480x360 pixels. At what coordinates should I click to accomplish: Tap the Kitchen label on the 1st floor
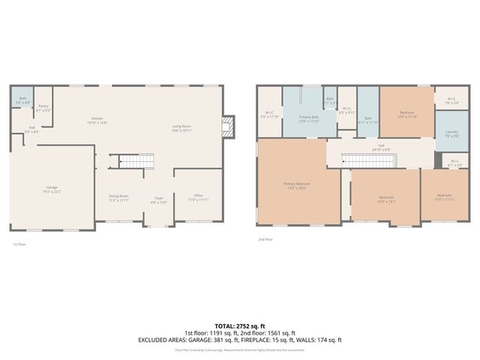tap(97, 120)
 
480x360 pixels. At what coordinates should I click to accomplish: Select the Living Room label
tap(182, 127)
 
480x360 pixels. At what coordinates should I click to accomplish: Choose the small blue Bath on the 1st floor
tap(22, 99)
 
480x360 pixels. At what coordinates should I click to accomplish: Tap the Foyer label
tap(158, 199)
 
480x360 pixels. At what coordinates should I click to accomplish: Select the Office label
tap(198, 198)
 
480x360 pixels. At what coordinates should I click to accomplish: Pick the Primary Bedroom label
tap(297, 185)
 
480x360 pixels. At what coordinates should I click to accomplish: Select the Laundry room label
tap(451, 134)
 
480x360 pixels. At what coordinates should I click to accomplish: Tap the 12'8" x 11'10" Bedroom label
tap(406, 115)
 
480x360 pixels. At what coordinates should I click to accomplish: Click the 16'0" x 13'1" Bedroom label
tap(385, 199)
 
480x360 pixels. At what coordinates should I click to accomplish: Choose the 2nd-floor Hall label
tap(381, 147)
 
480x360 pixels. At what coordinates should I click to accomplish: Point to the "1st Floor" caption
tap(20, 244)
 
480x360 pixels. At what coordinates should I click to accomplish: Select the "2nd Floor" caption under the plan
tap(265, 239)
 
